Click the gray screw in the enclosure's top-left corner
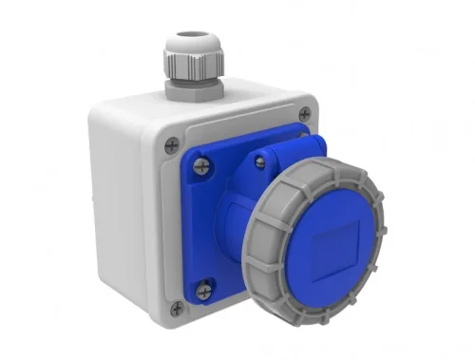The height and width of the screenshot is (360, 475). [x=171, y=145]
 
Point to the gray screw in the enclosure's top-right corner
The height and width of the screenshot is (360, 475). [x=304, y=114]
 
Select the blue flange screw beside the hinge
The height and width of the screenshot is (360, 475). [x=259, y=159]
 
